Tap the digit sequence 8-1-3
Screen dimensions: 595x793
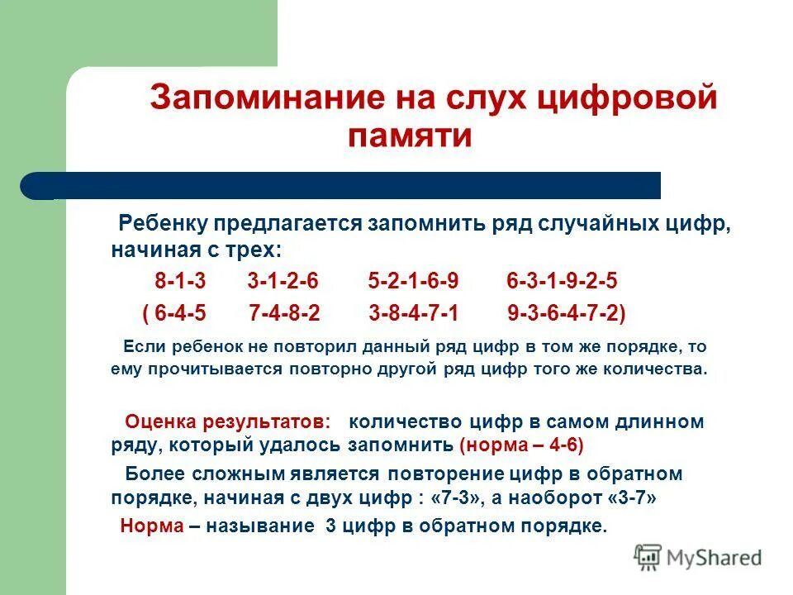pos(180,282)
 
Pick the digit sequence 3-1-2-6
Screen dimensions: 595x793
pos(283,282)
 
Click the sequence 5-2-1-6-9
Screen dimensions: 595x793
pos(413,282)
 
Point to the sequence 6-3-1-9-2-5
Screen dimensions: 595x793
pos(562,282)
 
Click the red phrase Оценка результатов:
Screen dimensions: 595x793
pos(227,421)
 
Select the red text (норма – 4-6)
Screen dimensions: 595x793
pos(521,445)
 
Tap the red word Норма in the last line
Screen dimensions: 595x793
pos(151,526)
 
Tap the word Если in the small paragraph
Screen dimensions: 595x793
pos(140,347)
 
